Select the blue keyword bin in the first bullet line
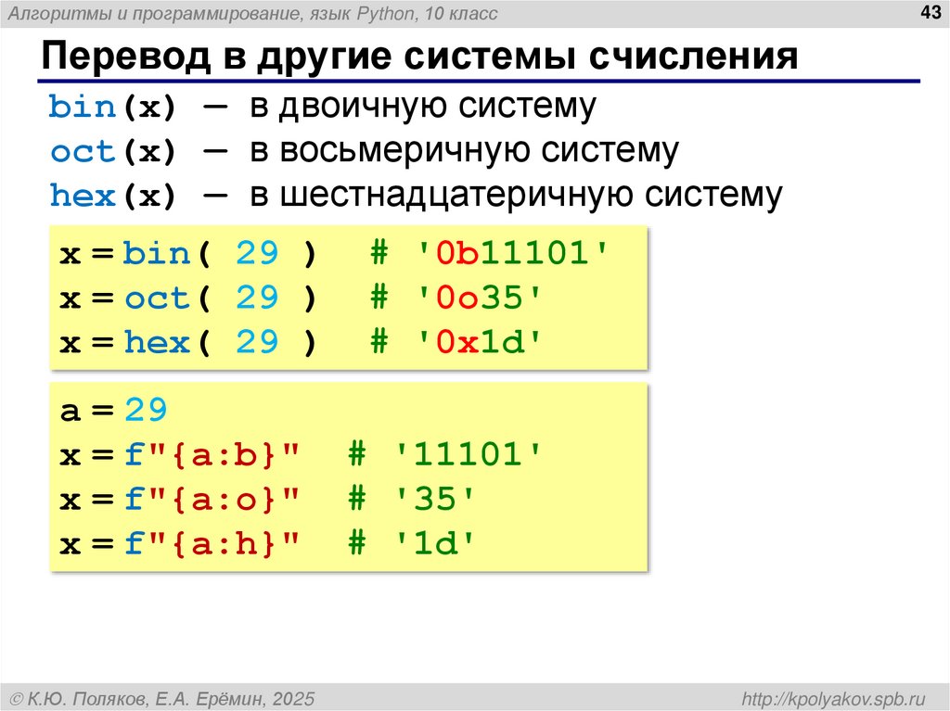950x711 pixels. click(x=82, y=108)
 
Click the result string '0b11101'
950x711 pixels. click(x=513, y=253)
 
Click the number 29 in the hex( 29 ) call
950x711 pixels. click(x=257, y=342)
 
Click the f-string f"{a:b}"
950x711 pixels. click(x=213, y=455)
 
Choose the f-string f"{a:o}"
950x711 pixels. click(x=213, y=500)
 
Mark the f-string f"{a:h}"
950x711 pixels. click(x=213, y=544)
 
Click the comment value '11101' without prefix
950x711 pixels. click(x=469, y=455)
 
